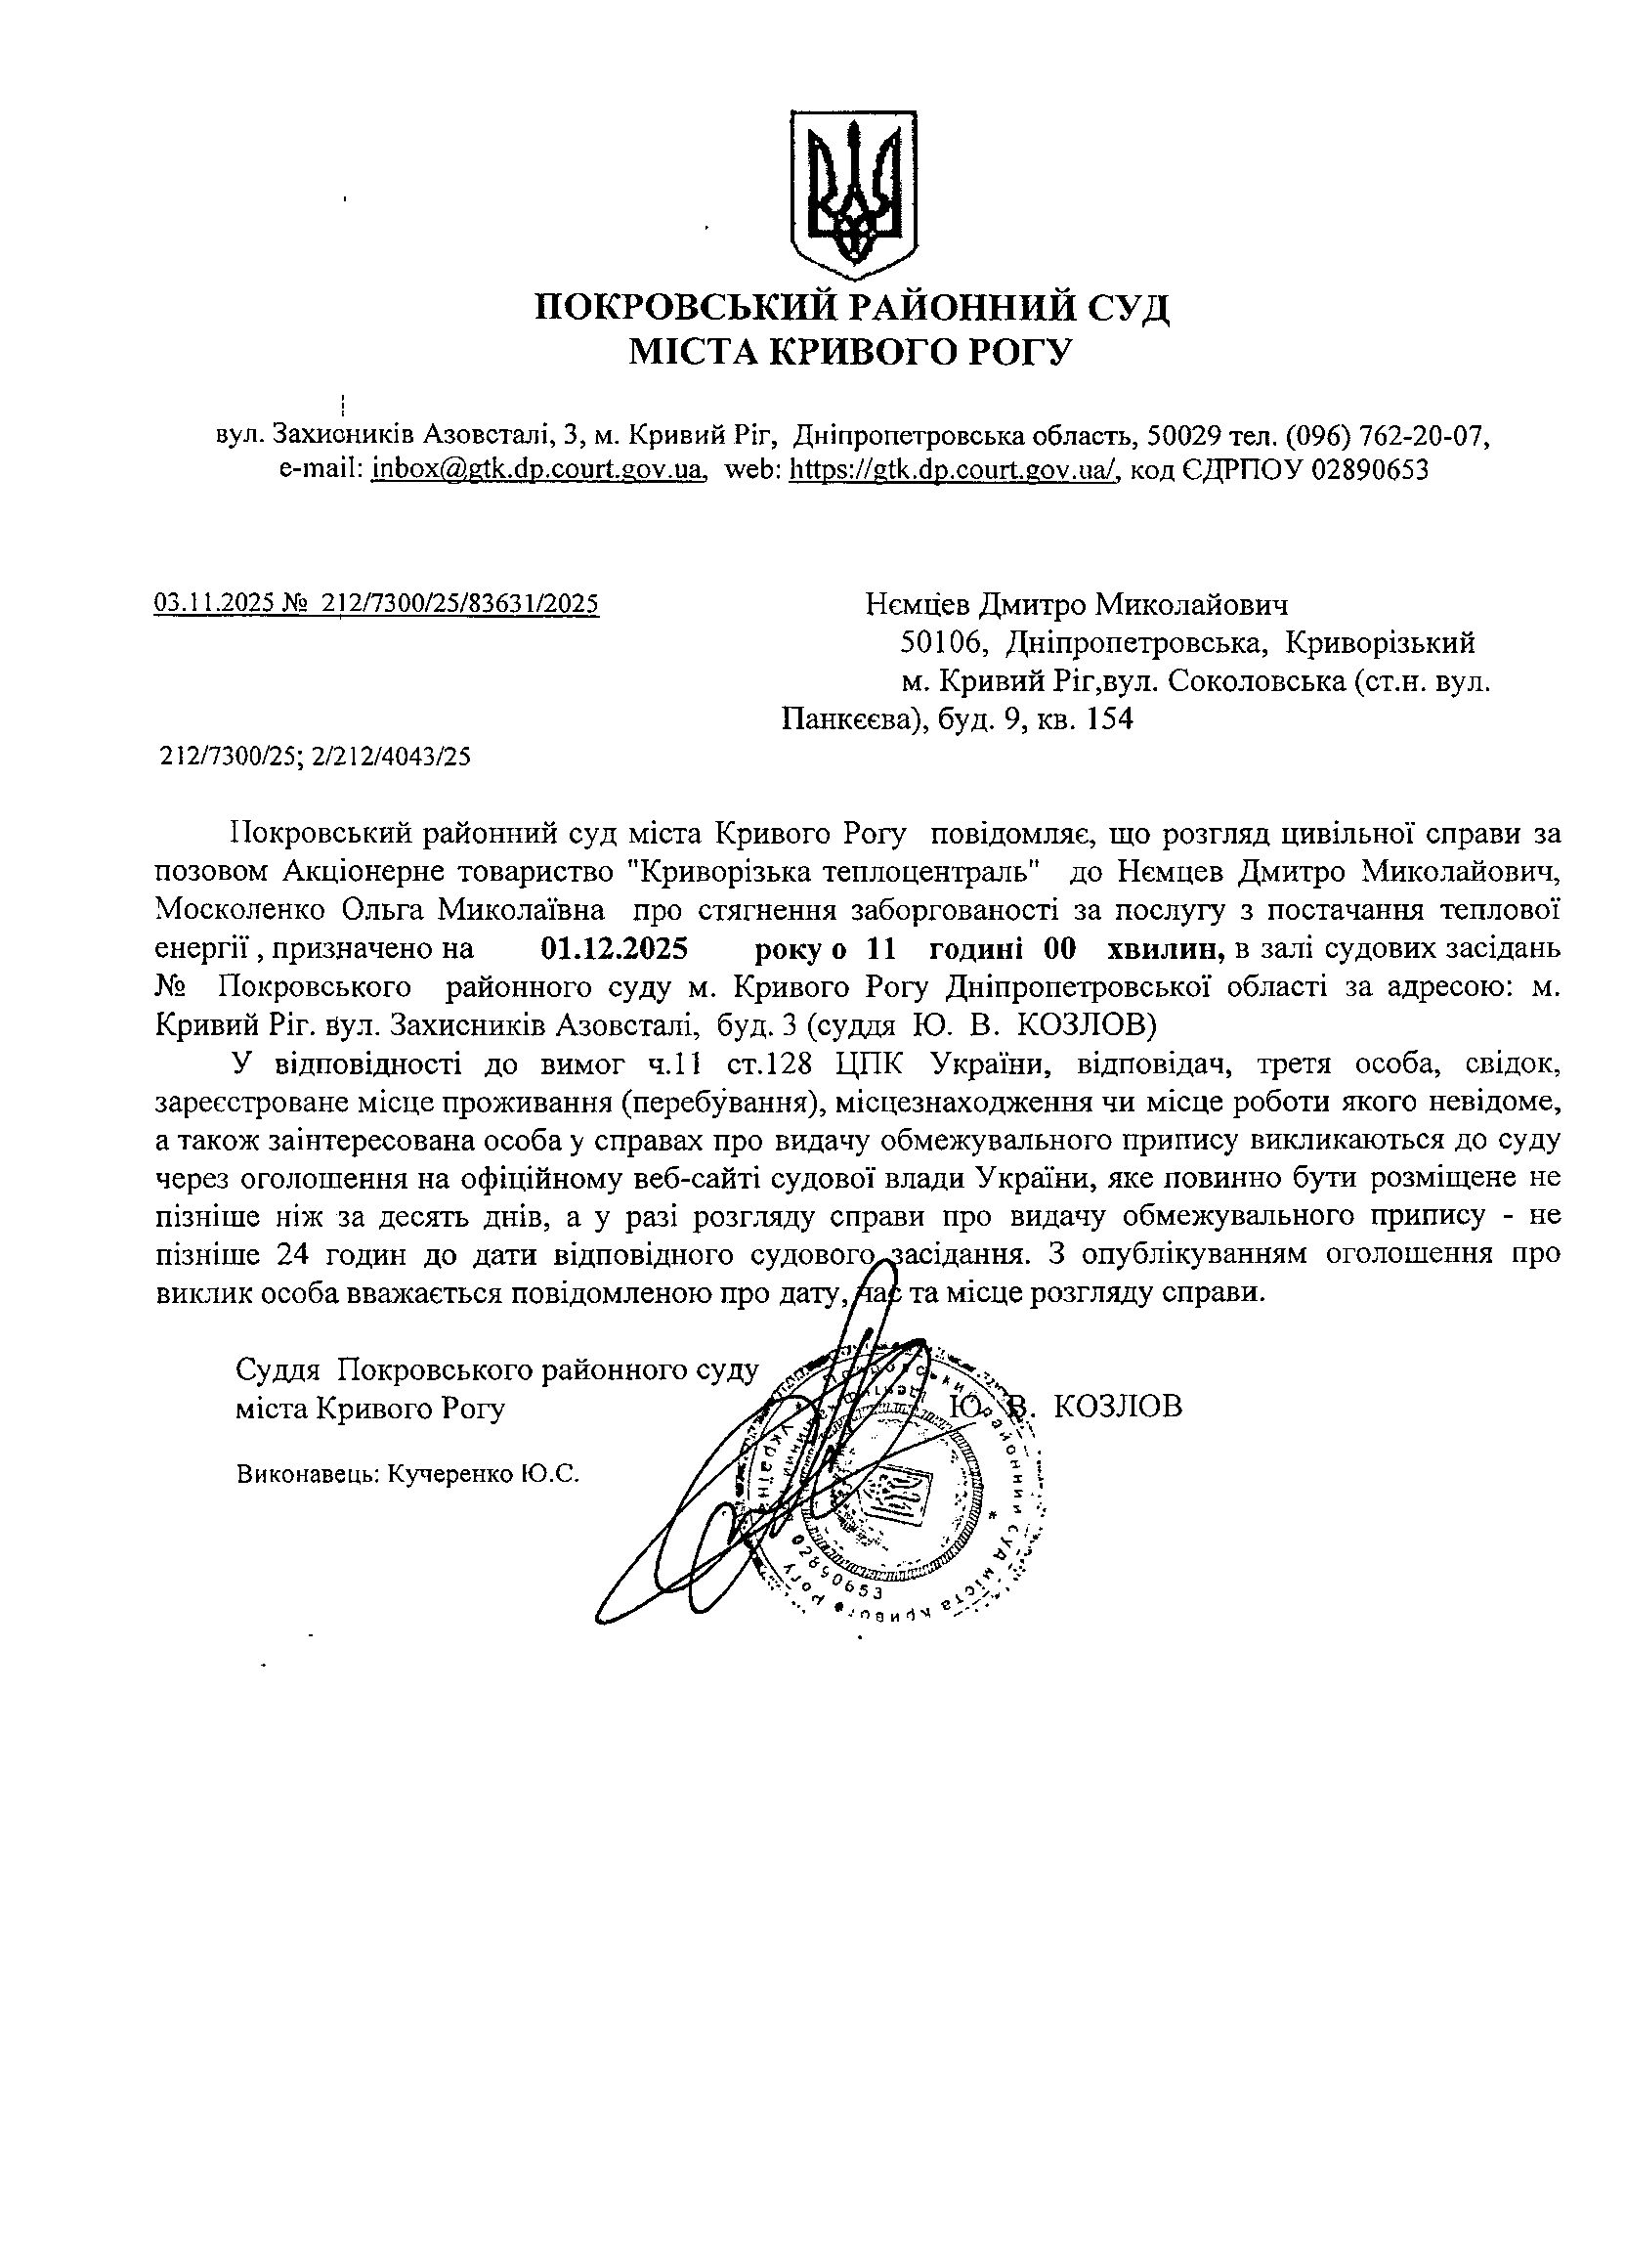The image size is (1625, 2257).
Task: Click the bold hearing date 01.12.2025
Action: tap(614, 949)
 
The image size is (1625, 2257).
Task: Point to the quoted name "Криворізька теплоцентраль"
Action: tap(834, 872)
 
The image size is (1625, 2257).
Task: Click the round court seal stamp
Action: tap(901, 1493)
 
